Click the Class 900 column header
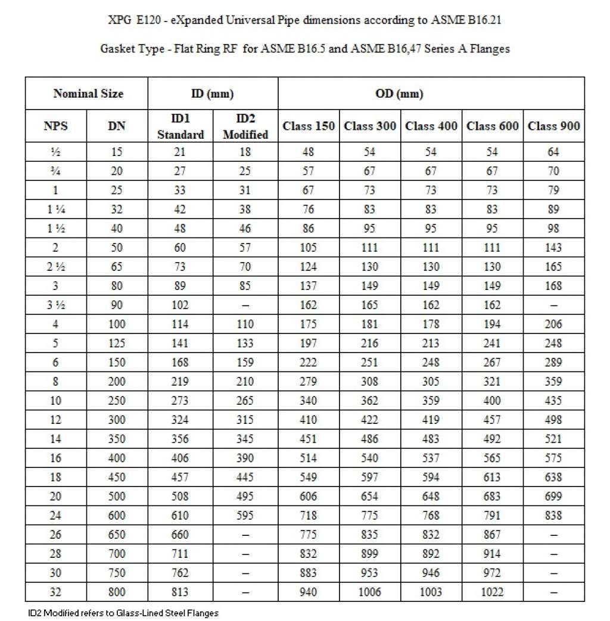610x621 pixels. [x=553, y=126]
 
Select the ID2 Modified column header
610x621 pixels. [x=245, y=126]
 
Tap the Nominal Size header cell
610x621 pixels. [x=88, y=93]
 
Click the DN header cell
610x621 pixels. [x=117, y=126]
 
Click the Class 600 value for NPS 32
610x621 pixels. [x=492, y=591]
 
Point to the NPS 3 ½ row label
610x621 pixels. [x=55, y=305]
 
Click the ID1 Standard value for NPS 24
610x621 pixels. [x=180, y=515]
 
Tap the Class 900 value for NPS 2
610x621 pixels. [x=553, y=247]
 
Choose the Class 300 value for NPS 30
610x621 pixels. [x=369, y=572]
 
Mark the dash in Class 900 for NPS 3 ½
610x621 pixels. [x=553, y=305]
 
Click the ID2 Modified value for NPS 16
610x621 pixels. [x=245, y=457]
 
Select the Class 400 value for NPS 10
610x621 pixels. [x=431, y=400]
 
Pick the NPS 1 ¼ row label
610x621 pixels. [x=55, y=209]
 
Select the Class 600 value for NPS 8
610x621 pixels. [x=492, y=381]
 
